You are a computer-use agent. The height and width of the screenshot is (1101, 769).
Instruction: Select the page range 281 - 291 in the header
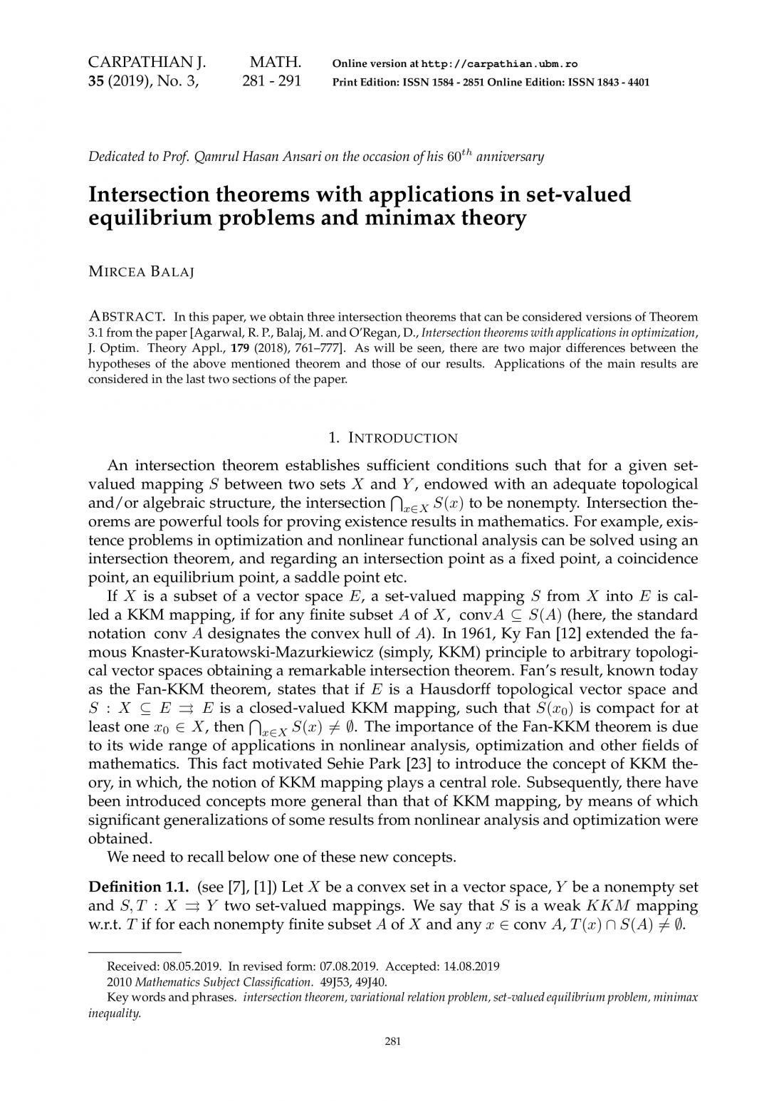(271, 81)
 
